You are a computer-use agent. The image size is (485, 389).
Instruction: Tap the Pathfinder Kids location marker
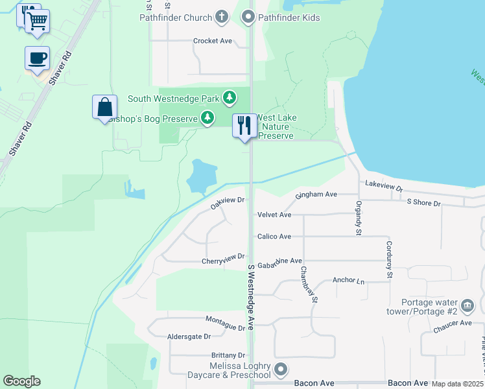[248, 18]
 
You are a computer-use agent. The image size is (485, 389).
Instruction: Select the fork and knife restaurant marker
[244, 125]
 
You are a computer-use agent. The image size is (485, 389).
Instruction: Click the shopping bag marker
[104, 107]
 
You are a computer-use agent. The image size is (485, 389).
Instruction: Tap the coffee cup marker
[37, 58]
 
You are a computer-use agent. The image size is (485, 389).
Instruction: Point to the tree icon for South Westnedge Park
[229, 99]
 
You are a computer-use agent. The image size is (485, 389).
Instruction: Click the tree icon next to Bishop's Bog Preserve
[207, 118]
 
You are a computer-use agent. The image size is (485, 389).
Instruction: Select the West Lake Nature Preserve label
[277, 126]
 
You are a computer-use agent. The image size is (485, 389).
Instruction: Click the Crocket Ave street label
[212, 41]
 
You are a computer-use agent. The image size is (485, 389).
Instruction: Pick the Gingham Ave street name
[316, 194]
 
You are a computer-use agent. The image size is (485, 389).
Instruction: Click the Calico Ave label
[274, 237]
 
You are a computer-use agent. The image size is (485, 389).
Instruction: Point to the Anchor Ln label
[349, 281]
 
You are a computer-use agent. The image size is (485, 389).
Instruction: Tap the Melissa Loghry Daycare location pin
[280, 370]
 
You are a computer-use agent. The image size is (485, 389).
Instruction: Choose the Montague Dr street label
[225, 321]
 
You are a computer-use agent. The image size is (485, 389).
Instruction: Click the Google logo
[21, 381]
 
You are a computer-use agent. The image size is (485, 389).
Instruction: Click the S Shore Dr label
[423, 203]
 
